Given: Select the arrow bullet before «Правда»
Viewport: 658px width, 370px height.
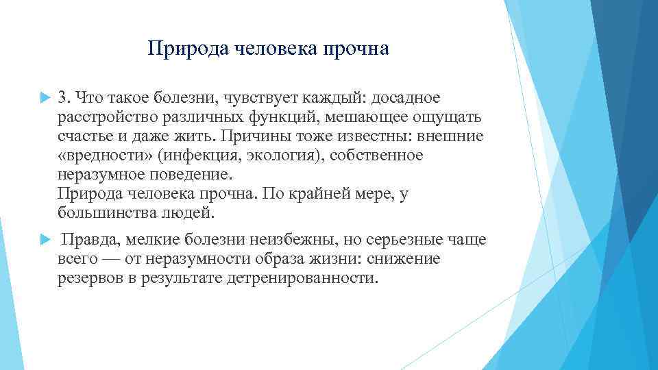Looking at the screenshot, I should coord(45,240).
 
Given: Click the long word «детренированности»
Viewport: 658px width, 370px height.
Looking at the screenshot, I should coord(302,278).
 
